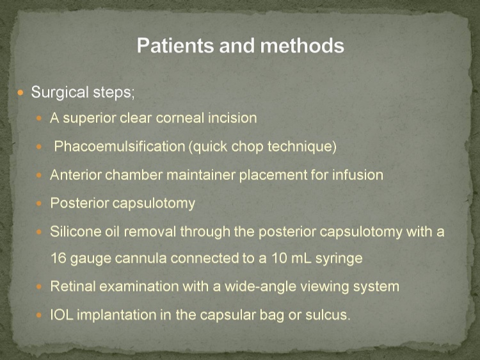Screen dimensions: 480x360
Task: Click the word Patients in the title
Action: (175, 45)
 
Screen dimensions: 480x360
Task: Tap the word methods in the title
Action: (302, 45)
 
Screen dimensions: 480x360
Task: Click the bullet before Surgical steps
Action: (20, 92)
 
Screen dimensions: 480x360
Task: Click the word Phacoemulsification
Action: (120, 147)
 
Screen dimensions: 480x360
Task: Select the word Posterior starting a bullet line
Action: (79, 203)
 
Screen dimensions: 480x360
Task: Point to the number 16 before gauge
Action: (58, 258)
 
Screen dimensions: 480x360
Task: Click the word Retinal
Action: (73, 286)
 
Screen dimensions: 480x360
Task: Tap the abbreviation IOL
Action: (62, 315)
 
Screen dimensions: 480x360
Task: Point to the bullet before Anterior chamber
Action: (39, 176)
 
